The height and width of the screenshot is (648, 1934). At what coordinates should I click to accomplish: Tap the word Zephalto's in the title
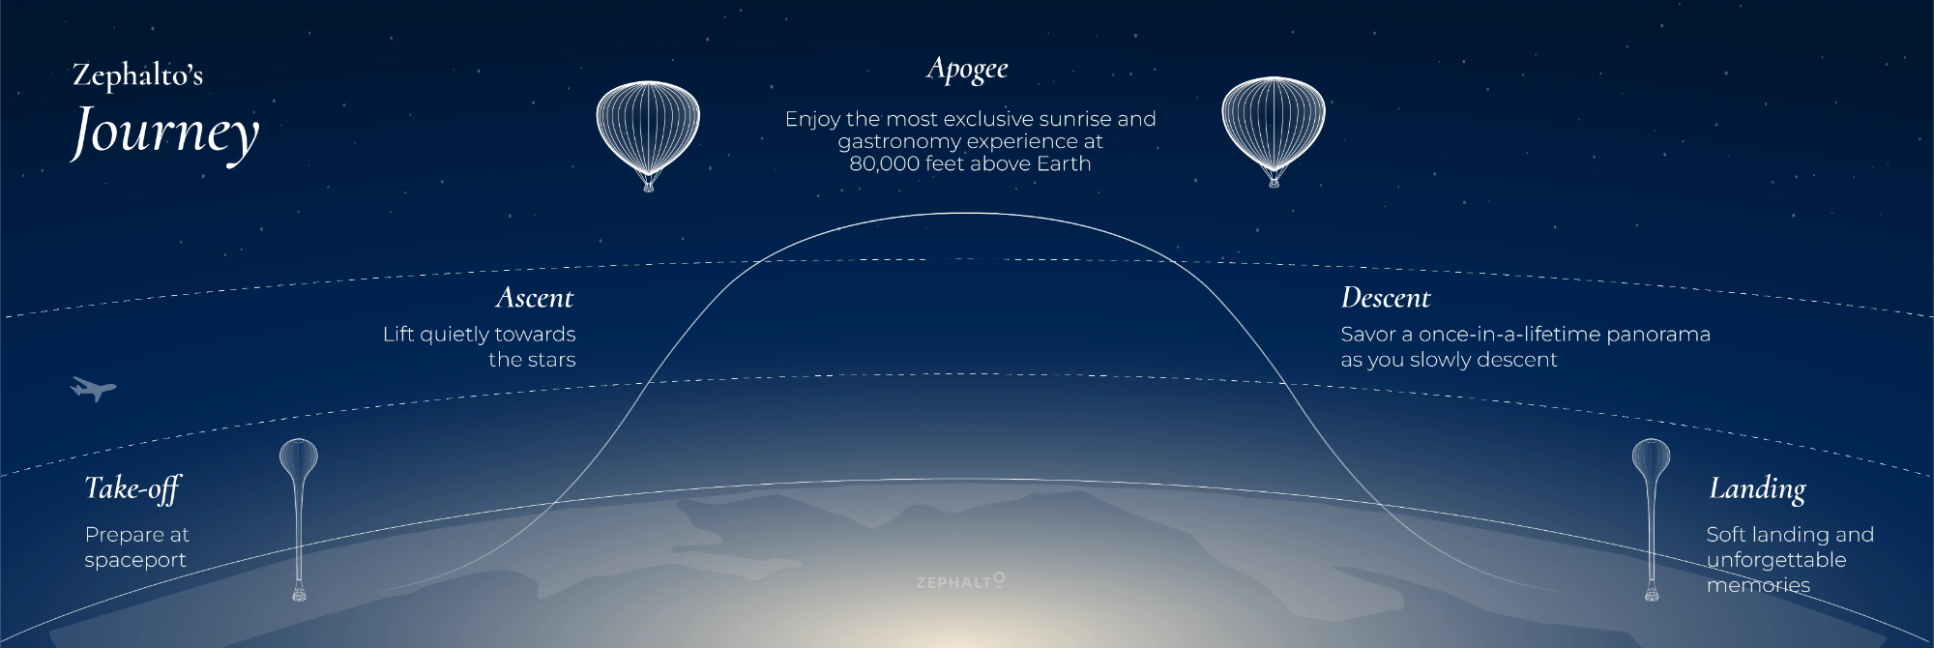pos(138,75)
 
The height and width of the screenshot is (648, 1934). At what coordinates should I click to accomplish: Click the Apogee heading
pos(967,70)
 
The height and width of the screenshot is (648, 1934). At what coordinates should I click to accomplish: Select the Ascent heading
pos(535,298)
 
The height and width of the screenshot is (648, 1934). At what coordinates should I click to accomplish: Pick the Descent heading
pos(1386,298)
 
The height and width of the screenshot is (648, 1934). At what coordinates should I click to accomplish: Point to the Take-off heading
pos(132,488)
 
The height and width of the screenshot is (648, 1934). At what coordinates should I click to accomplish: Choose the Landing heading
pos(1757,489)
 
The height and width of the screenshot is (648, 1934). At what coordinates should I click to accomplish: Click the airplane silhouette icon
pos(94,389)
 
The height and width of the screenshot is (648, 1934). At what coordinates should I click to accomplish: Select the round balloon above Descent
pos(1274,132)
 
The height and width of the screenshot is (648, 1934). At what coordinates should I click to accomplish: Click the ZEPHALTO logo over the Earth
pos(960,580)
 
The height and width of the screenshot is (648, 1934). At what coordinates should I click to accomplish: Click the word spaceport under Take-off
pos(135,561)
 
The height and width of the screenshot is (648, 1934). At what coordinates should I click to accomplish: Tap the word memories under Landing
pos(1758,585)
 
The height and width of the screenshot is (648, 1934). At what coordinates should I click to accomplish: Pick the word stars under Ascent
pos(552,360)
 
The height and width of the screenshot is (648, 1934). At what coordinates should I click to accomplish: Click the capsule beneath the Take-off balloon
pos(299,592)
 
